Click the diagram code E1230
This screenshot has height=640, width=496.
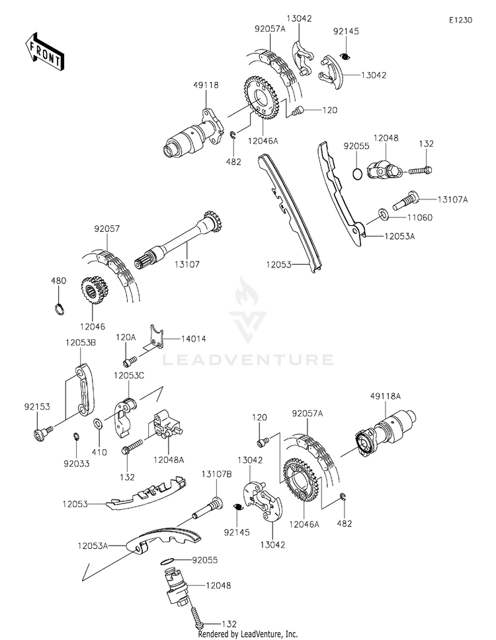pyautogui.click(x=460, y=20)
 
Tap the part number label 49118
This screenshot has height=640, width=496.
pyautogui.click(x=206, y=85)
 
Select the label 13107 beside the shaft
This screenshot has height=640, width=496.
pyautogui.click(x=187, y=264)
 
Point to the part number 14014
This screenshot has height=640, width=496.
pyautogui.click(x=193, y=339)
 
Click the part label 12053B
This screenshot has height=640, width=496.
pyautogui.click(x=81, y=343)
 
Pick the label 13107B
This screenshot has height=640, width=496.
pyautogui.click(x=216, y=474)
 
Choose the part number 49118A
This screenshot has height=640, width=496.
pyautogui.click(x=386, y=396)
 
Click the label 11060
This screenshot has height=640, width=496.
pyautogui.click(x=420, y=217)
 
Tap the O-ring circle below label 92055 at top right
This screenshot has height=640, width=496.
pyautogui.click(x=357, y=174)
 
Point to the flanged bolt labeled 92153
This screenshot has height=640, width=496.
pyautogui.click(x=42, y=433)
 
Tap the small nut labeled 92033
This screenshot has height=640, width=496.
pyautogui.click(x=75, y=437)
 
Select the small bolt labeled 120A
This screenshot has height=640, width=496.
pyautogui.click(x=129, y=361)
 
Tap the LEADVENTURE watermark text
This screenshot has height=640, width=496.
pyautogui.click(x=248, y=359)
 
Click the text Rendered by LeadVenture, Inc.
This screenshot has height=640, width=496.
pyautogui.click(x=248, y=634)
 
